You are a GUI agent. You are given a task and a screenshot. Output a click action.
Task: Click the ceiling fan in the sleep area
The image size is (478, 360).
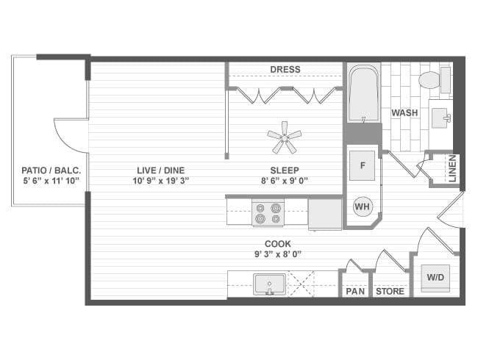coord(284,136)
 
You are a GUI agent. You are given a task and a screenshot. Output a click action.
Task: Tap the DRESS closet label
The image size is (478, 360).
coord(285,70)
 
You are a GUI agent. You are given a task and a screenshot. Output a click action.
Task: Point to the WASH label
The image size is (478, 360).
coord(405,113)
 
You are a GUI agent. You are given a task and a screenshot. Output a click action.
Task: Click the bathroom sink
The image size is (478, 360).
coord(440,117)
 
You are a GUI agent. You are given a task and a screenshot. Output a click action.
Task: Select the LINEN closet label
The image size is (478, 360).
coord(452,168)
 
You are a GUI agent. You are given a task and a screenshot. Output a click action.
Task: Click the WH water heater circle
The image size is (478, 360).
coord(363,207)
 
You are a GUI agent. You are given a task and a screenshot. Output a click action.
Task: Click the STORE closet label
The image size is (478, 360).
coord(390,292)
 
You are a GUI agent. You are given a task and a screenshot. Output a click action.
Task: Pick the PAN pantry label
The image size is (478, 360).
coord(355,292)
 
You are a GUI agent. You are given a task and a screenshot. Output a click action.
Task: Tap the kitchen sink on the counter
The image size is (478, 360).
coord(270,284)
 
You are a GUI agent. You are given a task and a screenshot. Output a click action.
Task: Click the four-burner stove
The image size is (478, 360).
coord(267,213)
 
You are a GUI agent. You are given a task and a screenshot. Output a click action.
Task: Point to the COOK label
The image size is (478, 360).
coord(278,244)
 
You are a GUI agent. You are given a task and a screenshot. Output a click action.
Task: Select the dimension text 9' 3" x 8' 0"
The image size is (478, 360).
coord(278,254)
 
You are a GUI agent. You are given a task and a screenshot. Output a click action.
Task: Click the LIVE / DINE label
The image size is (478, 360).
coord(157,170)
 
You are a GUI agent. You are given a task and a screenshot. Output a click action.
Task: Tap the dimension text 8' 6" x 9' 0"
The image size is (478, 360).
coord(284,180)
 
